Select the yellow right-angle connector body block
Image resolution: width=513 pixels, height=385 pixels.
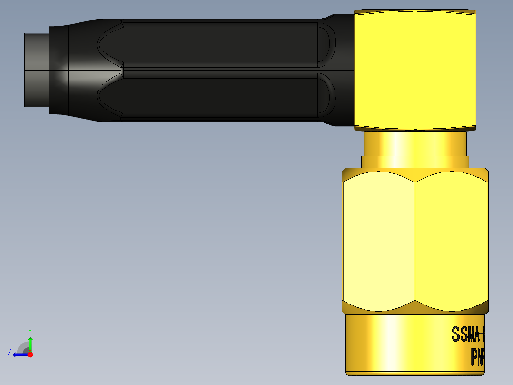[x=414, y=70]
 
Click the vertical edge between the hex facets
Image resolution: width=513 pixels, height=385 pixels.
[x=415, y=241]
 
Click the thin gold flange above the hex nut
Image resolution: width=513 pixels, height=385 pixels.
[x=414, y=162]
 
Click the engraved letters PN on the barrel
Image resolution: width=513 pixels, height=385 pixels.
[x=477, y=357]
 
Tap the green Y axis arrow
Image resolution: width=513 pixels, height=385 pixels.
[x=30, y=343]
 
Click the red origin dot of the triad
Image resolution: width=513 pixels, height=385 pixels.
[x=30, y=355]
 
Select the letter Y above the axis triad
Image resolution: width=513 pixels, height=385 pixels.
[x=30, y=331]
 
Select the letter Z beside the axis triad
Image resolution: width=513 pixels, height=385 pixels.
[x=10, y=352]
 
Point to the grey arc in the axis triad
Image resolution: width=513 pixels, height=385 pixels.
[x=22, y=346]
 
